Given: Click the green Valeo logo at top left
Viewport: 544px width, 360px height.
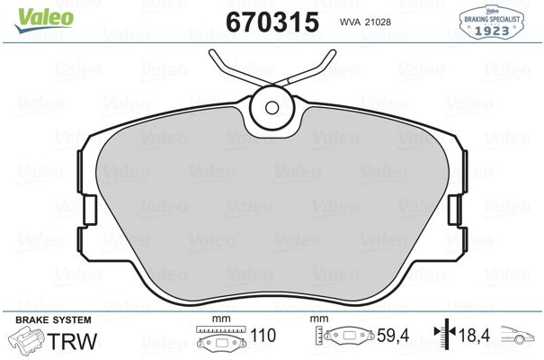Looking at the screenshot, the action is [44, 20].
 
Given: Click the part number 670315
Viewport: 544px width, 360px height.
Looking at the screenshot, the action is [272, 22].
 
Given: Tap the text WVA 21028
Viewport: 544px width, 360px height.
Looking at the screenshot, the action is [365, 22].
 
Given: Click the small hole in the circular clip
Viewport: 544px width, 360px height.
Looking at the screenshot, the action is [272, 108].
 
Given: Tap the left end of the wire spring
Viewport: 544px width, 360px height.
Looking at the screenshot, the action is [211, 52].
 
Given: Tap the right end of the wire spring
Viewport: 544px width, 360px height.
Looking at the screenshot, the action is [333, 52].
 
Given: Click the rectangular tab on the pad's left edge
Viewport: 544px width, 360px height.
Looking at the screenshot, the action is [90, 210].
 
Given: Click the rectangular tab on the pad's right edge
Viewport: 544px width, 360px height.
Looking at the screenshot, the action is [454, 210].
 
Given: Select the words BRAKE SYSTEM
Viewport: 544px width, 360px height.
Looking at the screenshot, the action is [53, 320].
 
